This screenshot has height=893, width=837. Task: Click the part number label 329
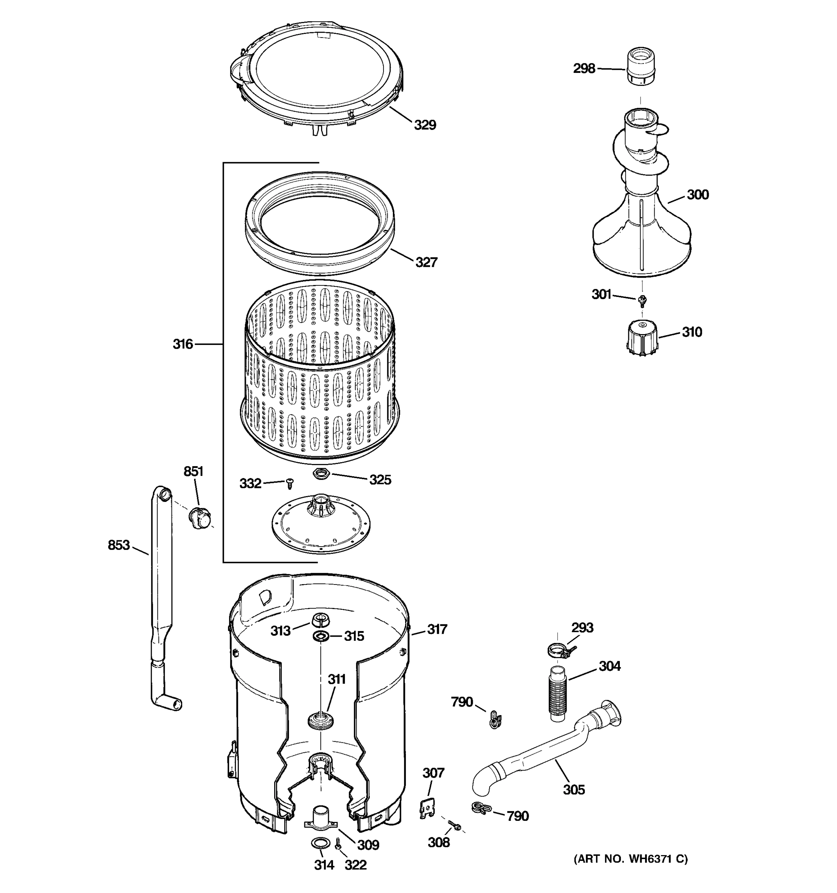click(x=425, y=125)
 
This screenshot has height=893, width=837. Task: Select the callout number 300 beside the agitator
click(x=697, y=195)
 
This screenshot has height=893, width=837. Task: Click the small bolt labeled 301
click(x=642, y=300)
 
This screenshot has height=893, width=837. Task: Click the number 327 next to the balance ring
click(x=426, y=262)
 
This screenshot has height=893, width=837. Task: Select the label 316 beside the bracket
click(x=183, y=344)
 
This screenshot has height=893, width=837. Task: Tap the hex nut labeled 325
click(x=321, y=473)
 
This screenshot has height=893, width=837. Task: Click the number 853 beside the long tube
click(x=119, y=545)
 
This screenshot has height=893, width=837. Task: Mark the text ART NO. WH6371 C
click(x=631, y=859)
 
